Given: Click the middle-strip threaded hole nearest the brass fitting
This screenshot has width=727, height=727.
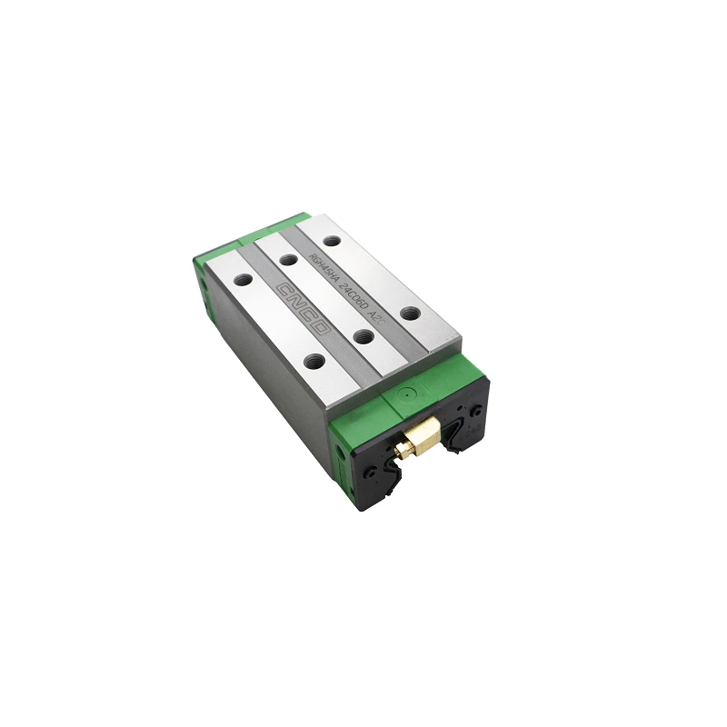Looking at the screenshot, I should point(363,337).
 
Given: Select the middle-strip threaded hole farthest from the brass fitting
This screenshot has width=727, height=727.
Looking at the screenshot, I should point(289,260).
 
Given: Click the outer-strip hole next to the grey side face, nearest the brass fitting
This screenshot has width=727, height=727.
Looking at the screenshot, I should point(314,360).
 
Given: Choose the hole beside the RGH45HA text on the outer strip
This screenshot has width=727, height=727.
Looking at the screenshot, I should point(333,241).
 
